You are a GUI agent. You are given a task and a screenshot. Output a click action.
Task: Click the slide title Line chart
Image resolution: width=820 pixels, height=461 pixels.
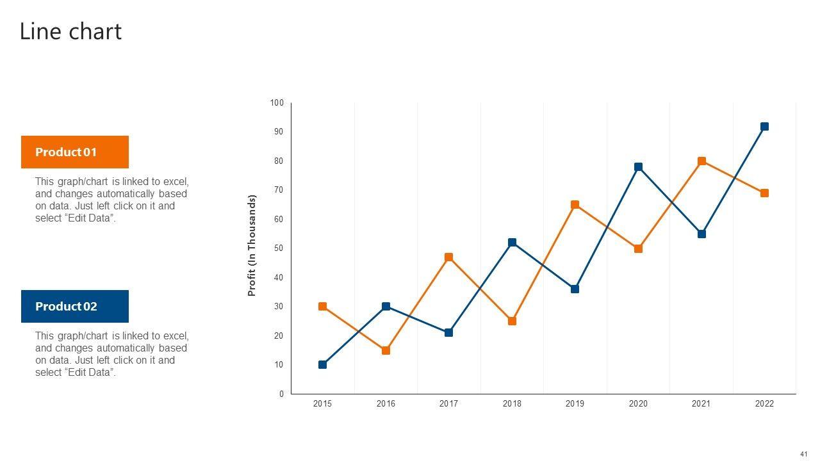click(x=70, y=31)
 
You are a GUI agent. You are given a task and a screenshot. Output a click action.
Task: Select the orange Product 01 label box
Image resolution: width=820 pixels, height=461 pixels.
click(x=75, y=152)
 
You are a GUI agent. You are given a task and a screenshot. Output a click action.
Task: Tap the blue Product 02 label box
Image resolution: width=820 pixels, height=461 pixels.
click(x=75, y=306)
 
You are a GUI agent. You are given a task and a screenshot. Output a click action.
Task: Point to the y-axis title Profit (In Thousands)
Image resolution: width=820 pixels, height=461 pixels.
click(x=252, y=245)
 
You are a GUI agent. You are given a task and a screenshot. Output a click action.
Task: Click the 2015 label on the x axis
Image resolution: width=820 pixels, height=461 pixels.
click(x=322, y=403)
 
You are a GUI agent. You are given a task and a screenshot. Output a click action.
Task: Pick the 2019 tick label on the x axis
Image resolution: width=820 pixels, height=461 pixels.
click(x=575, y=403)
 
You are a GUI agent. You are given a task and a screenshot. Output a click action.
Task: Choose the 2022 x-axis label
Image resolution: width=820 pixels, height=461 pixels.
click(x=764, y=403)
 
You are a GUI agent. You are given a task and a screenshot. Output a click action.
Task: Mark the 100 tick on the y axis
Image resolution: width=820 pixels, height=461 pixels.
click(x=277, y=103)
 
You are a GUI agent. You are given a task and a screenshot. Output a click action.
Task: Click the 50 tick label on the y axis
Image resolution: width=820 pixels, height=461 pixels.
click(x=279, y=248)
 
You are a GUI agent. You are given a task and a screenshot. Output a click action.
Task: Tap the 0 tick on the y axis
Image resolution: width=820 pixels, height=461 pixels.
click(x=281, y=394)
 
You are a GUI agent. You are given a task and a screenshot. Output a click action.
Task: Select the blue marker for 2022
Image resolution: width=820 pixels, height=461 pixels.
click(x=764, y=127)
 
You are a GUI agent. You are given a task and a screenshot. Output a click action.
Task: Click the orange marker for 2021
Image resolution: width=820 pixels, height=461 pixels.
click(x=701, y=161)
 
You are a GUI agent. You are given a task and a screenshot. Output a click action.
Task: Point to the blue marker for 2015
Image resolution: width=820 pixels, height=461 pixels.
click(x=322, y=365)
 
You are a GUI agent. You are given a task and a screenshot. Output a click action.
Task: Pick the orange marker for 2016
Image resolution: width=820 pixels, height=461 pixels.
click(x=386, y=350)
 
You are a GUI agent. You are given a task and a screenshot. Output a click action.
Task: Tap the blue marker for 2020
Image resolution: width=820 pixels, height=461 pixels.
click(x=638, y=167)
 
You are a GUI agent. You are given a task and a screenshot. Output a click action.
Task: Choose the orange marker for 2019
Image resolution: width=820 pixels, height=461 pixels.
click(x=575, y=205)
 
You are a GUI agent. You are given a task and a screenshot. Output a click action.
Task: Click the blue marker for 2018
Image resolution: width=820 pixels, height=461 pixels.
click(x=512, y=243)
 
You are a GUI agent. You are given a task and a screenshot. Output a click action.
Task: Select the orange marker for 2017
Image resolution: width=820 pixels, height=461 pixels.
click(x=448, y=257)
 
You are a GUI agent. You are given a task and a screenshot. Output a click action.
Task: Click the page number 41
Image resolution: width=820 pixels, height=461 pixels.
click(x=803, y=454)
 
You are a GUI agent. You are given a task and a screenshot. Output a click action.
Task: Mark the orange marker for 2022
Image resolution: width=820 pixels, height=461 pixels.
click(x=764, y=193)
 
